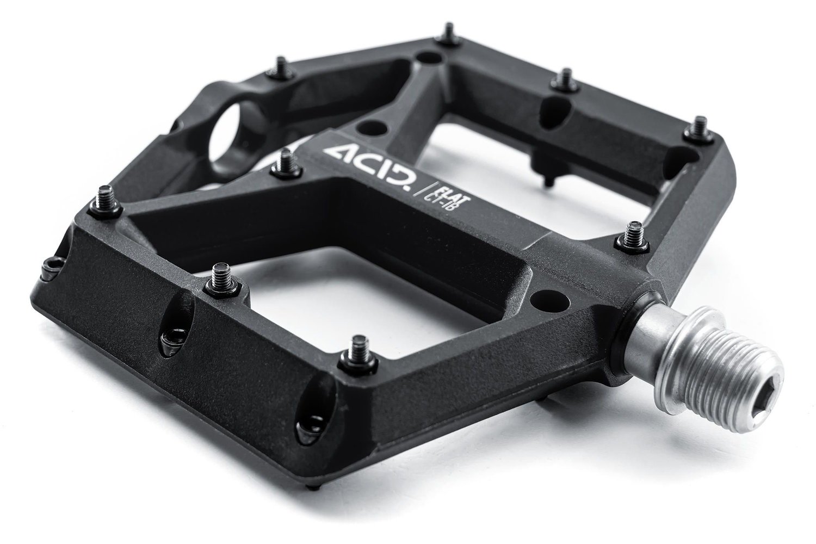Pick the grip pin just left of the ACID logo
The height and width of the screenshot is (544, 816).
pyautogui.click(x=285, y=164)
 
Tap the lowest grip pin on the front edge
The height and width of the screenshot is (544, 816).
pyautogui.click(x=360, y=350)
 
